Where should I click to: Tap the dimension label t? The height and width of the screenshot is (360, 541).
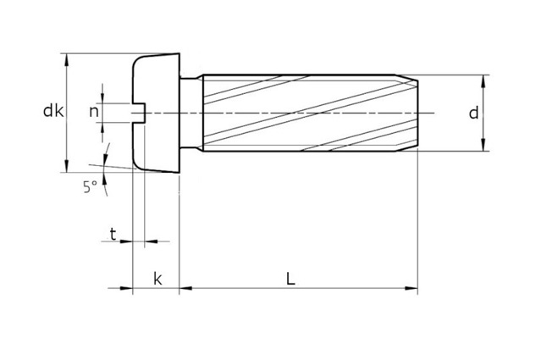point(113,233)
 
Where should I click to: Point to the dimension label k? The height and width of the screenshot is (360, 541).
point(157,279)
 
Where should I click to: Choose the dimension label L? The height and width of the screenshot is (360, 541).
point(290,278)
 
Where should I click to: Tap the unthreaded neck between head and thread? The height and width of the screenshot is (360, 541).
point(190,113)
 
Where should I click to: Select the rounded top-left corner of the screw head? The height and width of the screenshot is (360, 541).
point(138,62)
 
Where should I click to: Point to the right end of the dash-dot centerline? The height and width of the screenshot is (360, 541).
point(433,113)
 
